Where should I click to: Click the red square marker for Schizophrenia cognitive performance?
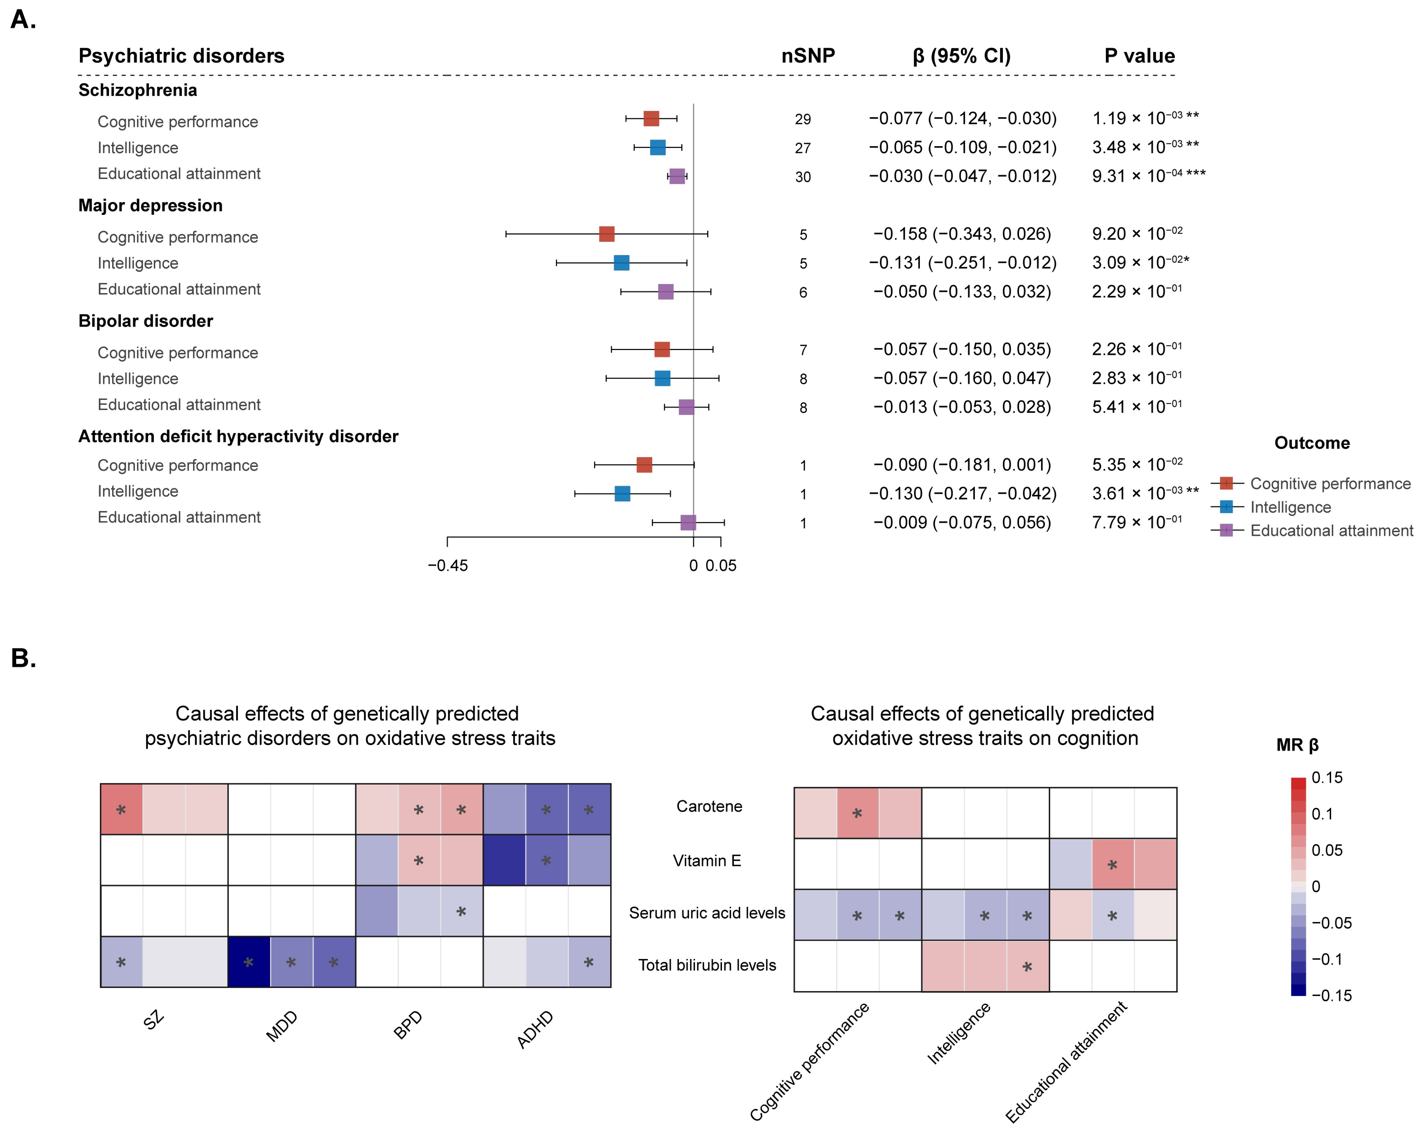click(x=651, y=119)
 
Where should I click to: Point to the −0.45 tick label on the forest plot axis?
click(x=448, y=566)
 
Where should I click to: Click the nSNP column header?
click(x=808, y=56)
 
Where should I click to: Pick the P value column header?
click(x=1139, y=56)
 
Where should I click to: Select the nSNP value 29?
click(x=803, y=119)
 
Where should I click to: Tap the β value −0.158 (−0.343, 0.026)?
click(x=962, y=234)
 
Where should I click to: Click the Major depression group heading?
click(x=150, y=206)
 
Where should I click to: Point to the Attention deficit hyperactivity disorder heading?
click(x=238, y=436)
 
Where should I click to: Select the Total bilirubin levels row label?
click(x=707, y=965)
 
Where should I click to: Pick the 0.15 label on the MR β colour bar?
click(x=1326, y=778)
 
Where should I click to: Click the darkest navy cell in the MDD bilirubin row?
click(x=249, y=962)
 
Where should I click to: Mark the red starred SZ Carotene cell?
click(x=121, y=810)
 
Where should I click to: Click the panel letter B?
click(x=23, y=658)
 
